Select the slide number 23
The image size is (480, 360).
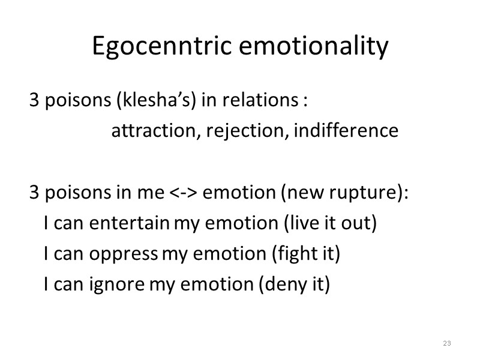coord(446,343)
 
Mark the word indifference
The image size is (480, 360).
coord(345,130)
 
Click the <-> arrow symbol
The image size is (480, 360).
coord(184,193)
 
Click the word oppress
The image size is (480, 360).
coord(124,254)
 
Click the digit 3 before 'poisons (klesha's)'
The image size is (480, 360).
coord(34,100)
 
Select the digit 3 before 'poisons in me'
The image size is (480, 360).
coord(34,193)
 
